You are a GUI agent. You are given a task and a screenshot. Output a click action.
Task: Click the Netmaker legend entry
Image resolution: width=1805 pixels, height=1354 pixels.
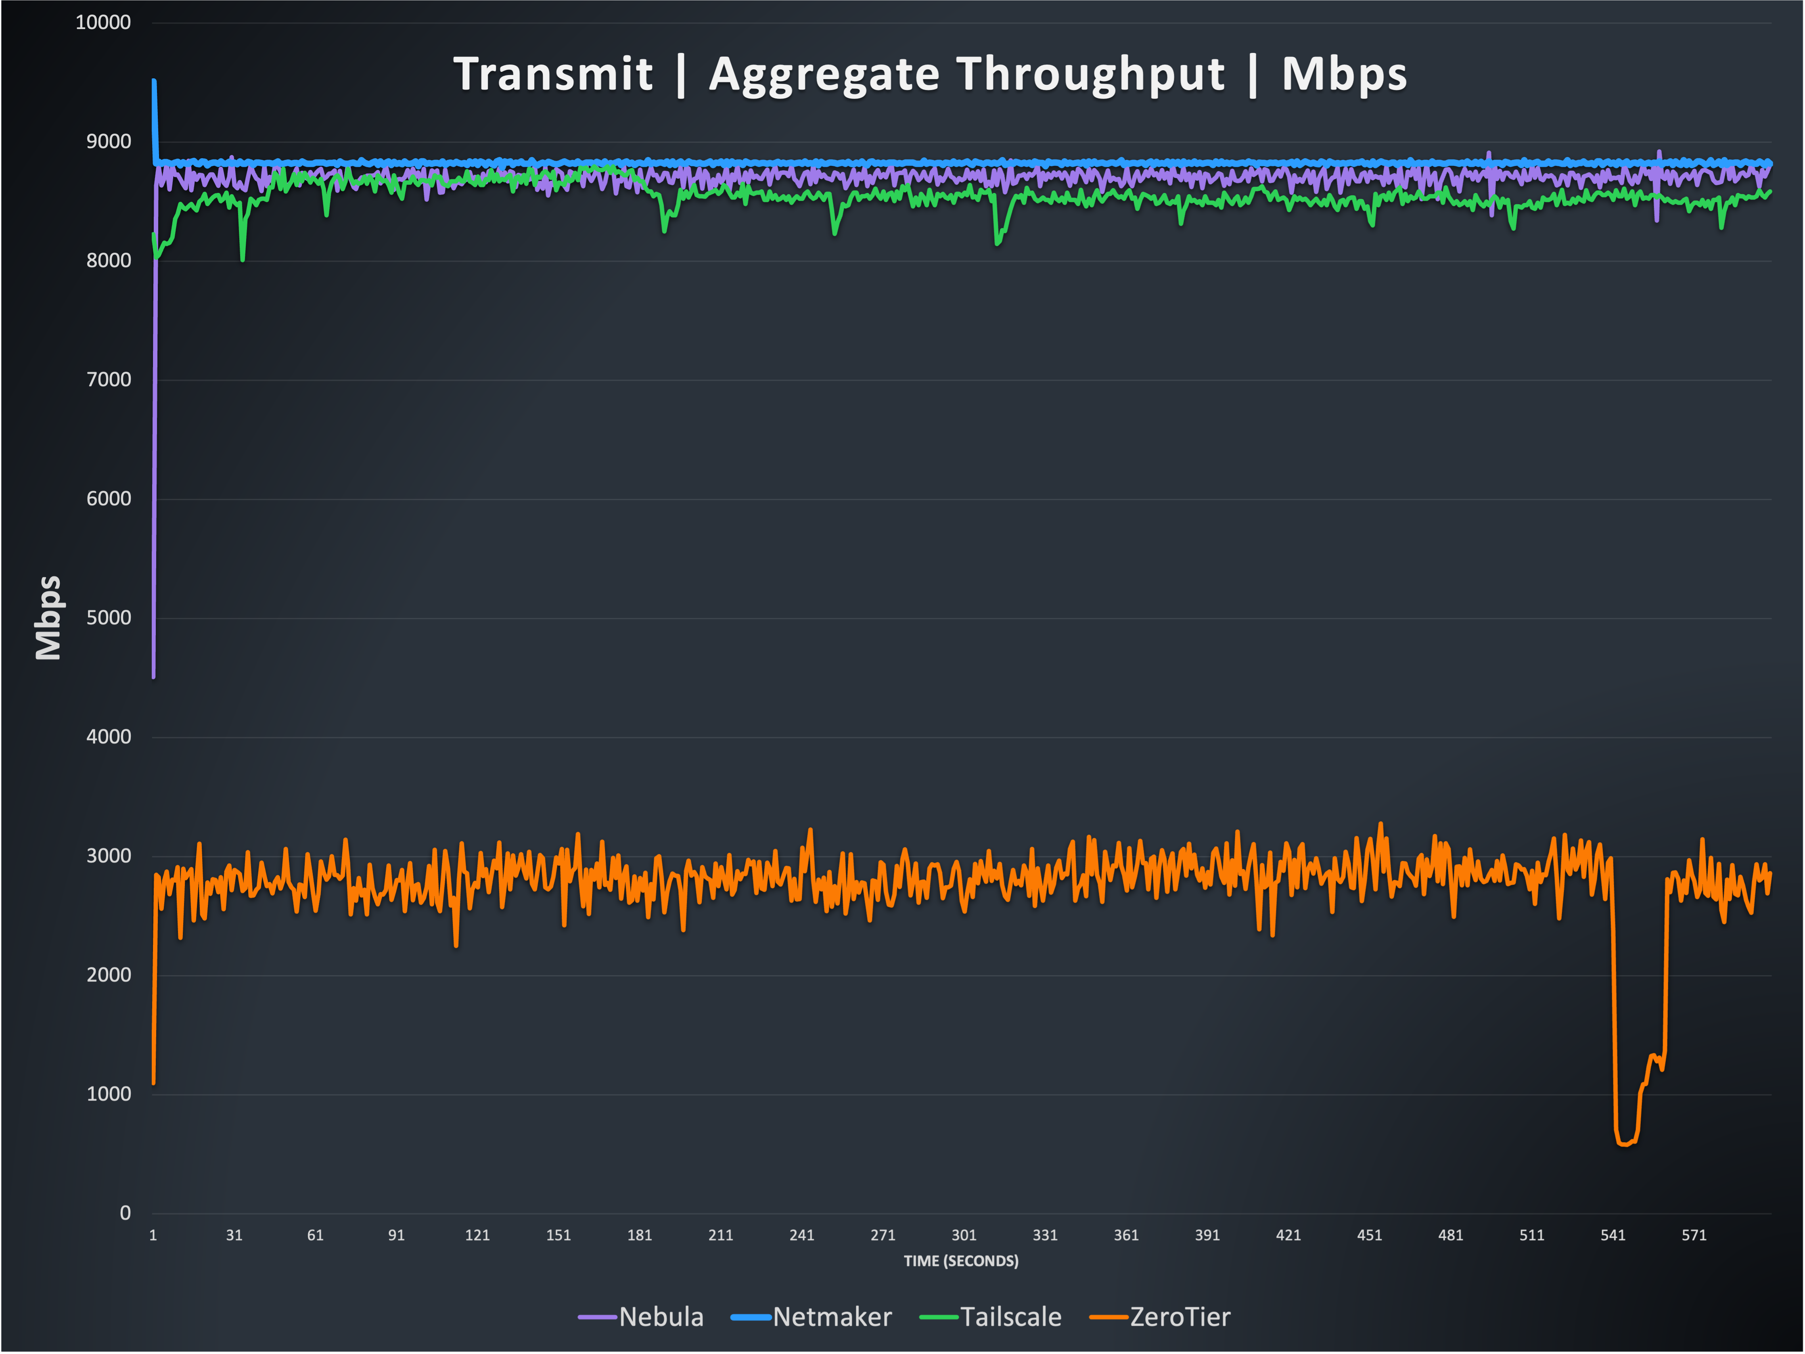832,1316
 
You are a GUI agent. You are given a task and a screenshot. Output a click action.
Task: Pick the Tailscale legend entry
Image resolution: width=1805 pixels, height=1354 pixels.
1010,1316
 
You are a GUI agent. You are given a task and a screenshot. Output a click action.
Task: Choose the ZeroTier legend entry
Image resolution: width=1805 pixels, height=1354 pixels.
1179,1316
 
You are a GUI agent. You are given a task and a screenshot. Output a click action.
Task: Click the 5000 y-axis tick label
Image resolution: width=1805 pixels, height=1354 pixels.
109,618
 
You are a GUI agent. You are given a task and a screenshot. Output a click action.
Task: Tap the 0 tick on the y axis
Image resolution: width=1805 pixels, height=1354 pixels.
125,1213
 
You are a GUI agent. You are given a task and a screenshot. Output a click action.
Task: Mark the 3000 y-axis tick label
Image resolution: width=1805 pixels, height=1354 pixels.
109,856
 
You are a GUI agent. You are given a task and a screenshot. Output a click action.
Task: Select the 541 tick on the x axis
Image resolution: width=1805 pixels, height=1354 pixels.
1613,1235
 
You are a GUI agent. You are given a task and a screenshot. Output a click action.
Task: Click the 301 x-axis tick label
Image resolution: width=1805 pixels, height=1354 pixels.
964,1235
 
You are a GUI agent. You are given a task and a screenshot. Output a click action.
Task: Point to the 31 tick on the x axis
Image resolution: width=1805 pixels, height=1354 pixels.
234,1235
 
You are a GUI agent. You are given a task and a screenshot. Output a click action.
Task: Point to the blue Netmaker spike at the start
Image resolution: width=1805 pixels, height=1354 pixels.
154,82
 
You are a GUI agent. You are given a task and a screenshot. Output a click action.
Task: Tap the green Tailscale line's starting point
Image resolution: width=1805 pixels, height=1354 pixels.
153,235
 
